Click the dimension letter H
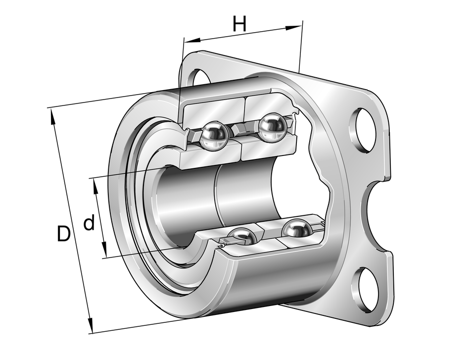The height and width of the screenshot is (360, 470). coord(239,24)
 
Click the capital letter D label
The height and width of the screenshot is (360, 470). coord(63,234)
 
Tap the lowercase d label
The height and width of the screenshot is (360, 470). coord(89,224)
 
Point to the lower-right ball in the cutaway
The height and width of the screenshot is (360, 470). coord(297,229)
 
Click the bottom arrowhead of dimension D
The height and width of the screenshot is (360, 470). coord(91,328)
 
